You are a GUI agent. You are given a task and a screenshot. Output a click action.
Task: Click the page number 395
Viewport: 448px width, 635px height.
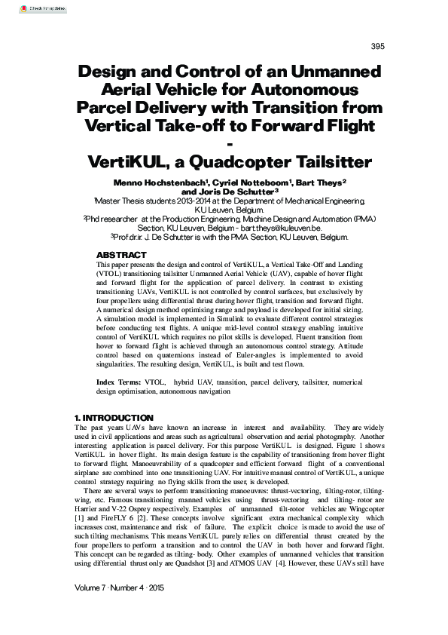(x=378, y=47)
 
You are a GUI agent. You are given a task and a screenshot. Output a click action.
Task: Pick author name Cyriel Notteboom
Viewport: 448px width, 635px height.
(x=245, y=183)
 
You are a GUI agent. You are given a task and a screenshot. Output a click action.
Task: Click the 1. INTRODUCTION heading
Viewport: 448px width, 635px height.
(x=114, y=418)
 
